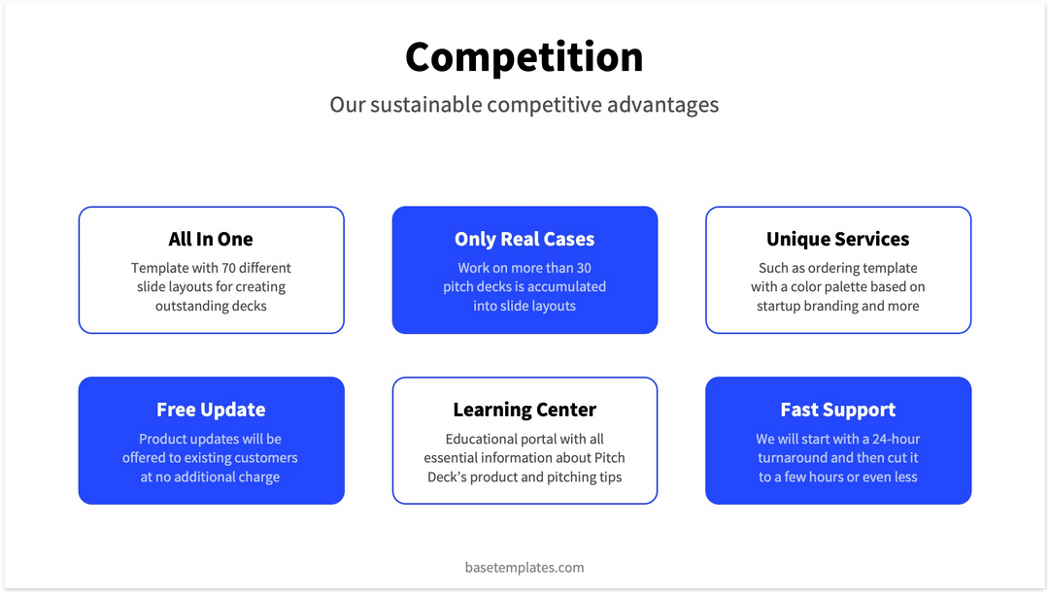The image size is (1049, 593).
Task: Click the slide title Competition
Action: coord(524,56)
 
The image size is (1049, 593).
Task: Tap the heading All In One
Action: coord(211,239)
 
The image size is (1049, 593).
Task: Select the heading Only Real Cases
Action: coord(524,239)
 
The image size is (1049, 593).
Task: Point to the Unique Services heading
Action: coord(837,239)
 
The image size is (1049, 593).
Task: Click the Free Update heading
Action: coord(211,410)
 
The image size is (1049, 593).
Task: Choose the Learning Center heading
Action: coord(524,410)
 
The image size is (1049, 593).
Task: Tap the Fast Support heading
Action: coord(837,410)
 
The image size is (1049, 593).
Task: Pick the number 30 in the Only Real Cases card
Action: coord(584,268)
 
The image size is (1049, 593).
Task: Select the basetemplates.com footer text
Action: coord(524,567)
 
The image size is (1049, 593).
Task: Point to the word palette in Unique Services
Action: coord(851,287)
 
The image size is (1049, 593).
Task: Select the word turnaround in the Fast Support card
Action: coord(792,458)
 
